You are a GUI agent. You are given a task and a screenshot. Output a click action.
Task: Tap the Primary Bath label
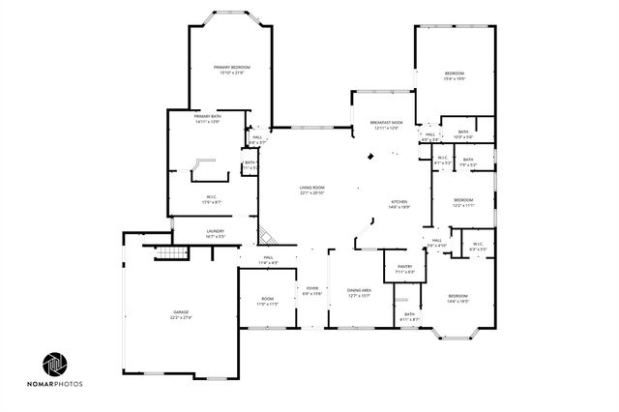tap(207, 116)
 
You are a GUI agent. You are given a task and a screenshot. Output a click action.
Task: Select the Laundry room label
tap(216, 231)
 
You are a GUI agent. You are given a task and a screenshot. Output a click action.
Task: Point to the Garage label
tap(182, 311)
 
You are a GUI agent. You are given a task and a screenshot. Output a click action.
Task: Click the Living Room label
tap(311, 187)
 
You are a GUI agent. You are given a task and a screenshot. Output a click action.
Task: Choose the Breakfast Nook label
tap(384, 123)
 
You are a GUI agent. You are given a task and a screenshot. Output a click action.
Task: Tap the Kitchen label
tap(399, 201)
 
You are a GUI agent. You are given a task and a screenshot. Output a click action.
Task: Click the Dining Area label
tap(360, 290)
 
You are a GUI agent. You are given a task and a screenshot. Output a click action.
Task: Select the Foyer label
tap(312, 288)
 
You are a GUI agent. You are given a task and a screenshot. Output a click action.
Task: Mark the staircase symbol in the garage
tap(170, 252)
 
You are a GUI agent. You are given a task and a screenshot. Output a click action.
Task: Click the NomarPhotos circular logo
tap(55, 364)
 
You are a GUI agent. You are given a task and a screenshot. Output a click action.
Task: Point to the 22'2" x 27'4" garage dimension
tap(182, 317)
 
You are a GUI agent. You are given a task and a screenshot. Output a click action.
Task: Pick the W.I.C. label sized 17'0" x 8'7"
tap(212, 198)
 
